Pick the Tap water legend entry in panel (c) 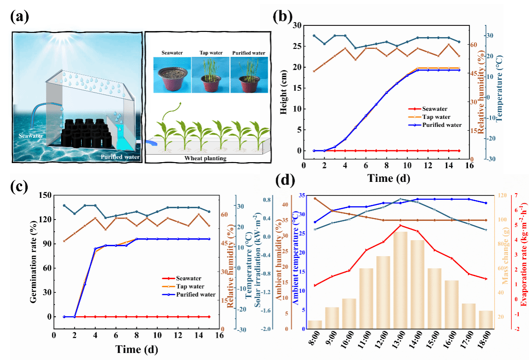[189, 286]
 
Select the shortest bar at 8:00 [315, 324]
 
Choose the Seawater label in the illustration [31, 136]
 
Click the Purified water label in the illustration [120, 157]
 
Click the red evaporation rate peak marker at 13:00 [400, 225]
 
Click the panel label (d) [287, 180]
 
